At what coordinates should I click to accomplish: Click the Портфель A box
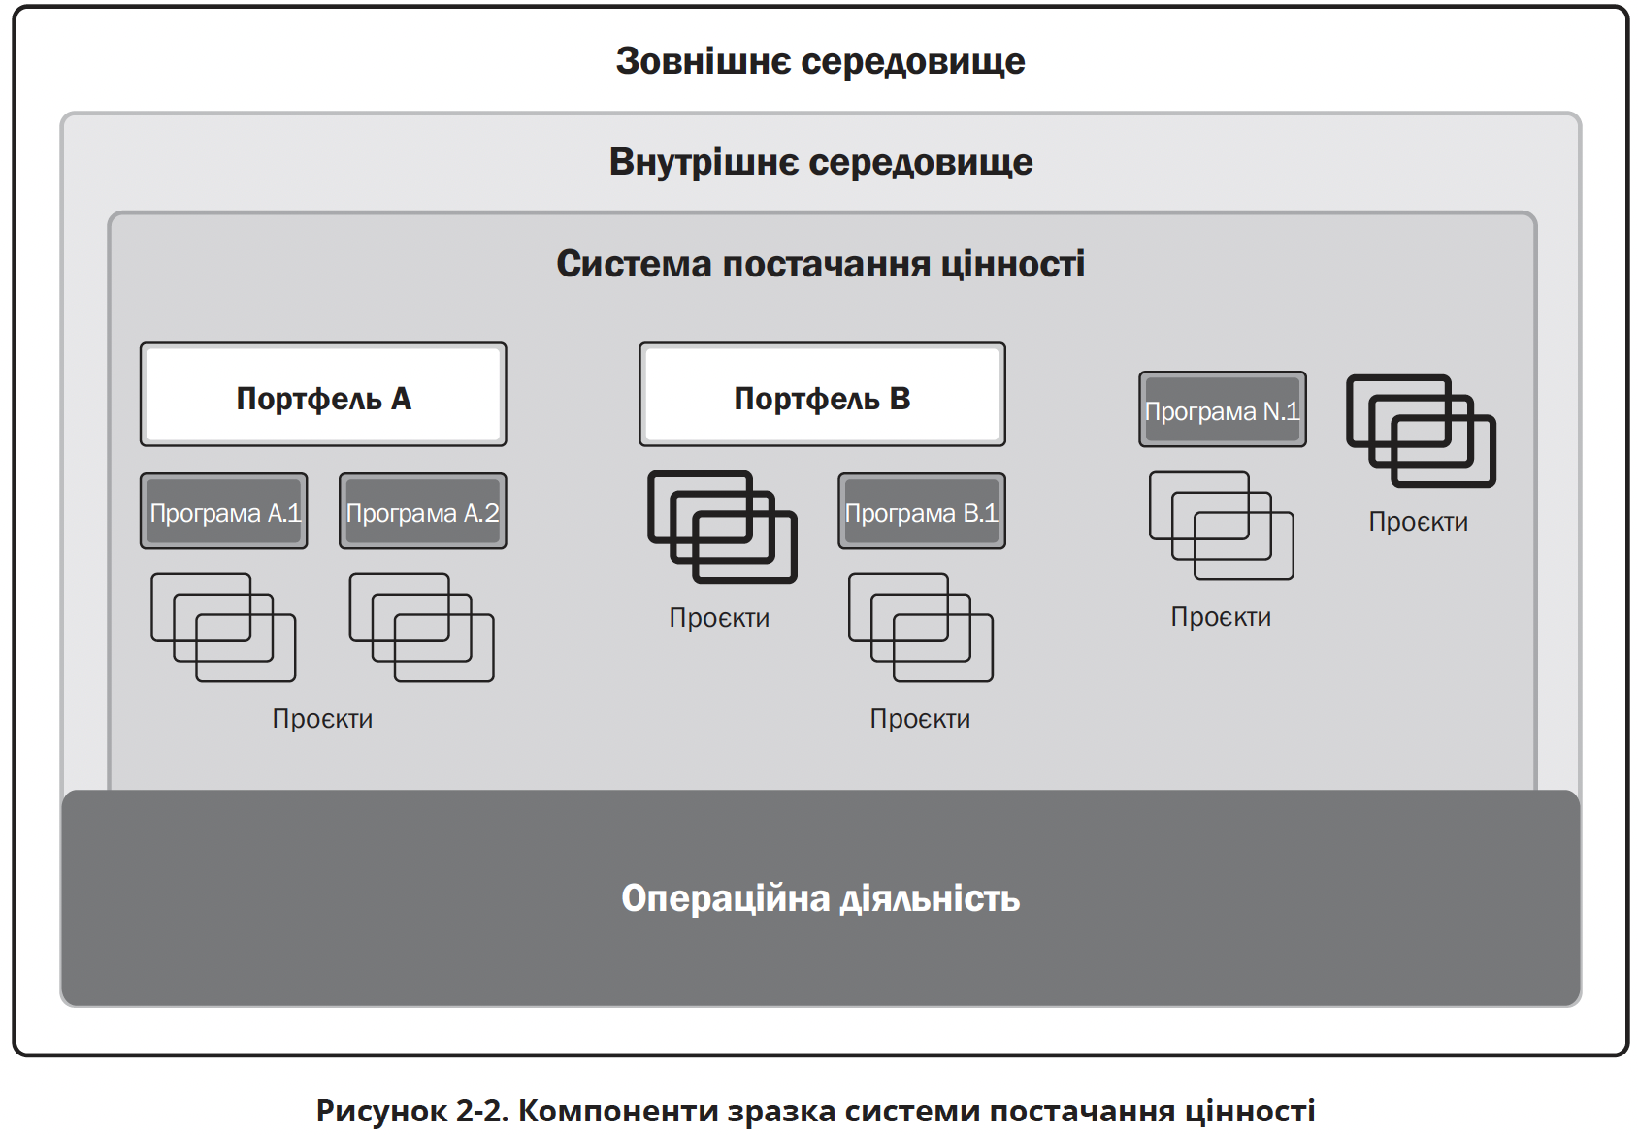click(x=323, y=395)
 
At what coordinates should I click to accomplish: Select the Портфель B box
click(x=822, y=395)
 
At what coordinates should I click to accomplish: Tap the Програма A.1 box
click(x=224, y=511)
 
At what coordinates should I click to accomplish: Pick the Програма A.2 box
click(x=423, y=511)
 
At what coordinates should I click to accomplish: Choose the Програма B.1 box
click(x=922, y=511)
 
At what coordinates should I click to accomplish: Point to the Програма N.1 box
click(x=1223, y=409)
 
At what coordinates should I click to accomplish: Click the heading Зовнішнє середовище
click(x=821, y=61)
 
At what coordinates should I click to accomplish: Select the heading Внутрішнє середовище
click(x=821, y=162)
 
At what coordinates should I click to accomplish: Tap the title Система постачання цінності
click(x=821, y=263)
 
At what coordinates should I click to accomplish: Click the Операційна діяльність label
click(x=821, y=897)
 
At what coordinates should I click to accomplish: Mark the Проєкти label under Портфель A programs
click(x=322, y=719)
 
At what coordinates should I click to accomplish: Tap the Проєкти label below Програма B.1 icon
click(x=920, y=719)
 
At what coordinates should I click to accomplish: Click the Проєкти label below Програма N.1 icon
click(x=1221, y=617)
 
